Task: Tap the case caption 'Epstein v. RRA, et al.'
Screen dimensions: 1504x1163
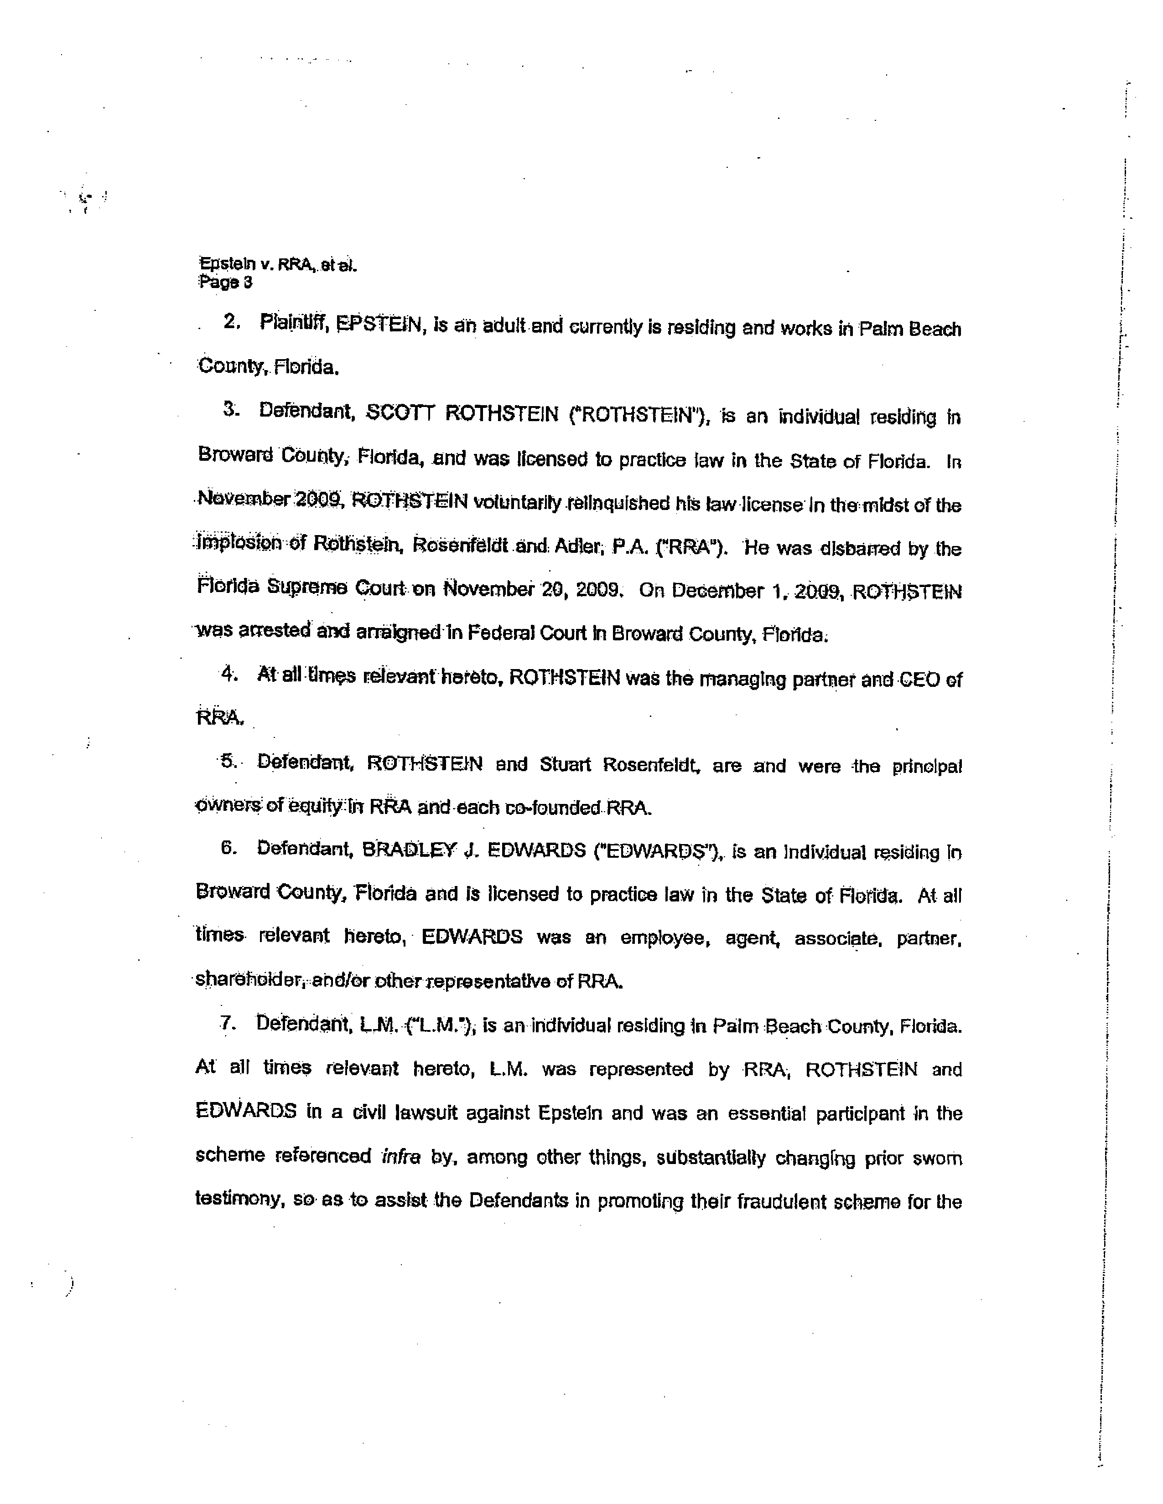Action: pyautogui.click(x=278, y=264)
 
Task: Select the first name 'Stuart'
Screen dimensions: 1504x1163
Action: pyautogui.click(x=565, y=764)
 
